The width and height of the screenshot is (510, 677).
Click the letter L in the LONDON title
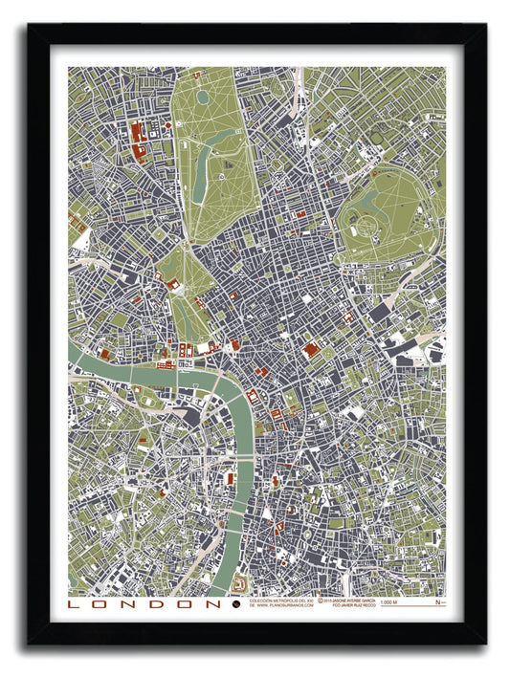click(74, 603)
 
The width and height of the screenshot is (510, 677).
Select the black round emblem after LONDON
click(236, 603)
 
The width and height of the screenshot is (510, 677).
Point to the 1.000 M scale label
click(388, 602)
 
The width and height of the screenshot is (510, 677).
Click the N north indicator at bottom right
click(438, 602)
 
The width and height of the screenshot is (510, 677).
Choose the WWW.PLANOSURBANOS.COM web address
click(286, 605)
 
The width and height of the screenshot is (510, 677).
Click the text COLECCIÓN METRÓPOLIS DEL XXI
click(281, 600)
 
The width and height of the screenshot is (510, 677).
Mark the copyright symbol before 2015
click(326, 600)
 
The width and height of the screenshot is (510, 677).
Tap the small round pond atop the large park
click(202, 97)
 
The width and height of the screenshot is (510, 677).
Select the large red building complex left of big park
click(137, 135)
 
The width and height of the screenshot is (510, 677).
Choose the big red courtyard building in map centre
click(311, 351)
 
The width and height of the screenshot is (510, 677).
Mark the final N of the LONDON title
click(215, 603)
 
